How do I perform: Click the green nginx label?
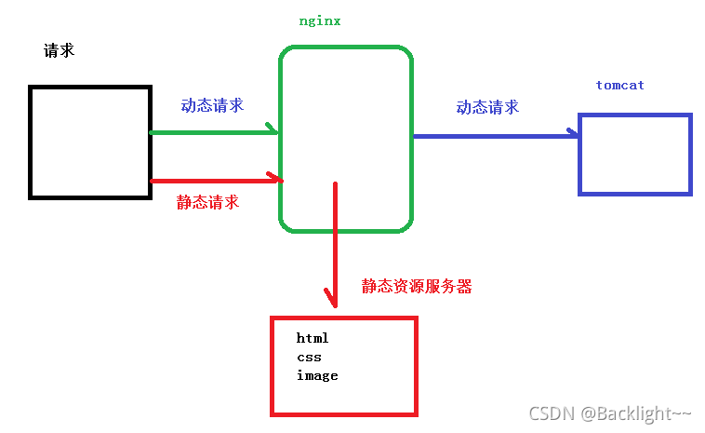[x=319, y=20]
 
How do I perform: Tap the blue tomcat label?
[x=619, y=85]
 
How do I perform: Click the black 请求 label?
[x=59, y=50]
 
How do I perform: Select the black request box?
[x=90, y=142]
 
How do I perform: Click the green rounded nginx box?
[x=345, y=93]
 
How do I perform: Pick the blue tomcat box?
[x=635, y=154]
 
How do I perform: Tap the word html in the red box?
[x=313, y=338]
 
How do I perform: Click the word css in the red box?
[x=309, y=357]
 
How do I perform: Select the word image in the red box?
[x=317, y=375]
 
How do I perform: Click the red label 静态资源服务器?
[x=417, y=287]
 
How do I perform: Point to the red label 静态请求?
[x=207, y=201]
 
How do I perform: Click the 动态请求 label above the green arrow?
[x=213, y=105]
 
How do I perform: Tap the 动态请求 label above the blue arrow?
[x=487, y=107]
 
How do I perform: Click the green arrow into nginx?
[x=214, y=132]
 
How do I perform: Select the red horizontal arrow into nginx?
[x=214, y=180]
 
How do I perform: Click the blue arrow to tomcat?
[x=493, y=136]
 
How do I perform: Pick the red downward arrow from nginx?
[x=335, y=242]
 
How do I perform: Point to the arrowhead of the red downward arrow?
[x=332, y=300]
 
